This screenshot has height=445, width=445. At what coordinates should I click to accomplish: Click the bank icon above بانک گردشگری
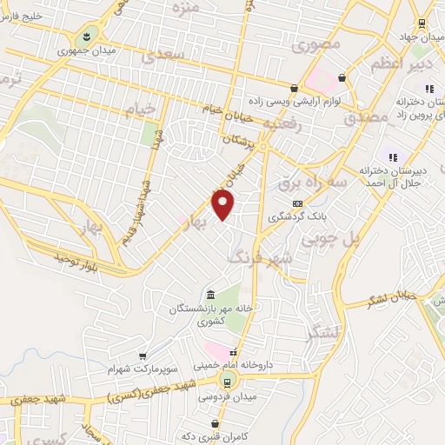297,203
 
